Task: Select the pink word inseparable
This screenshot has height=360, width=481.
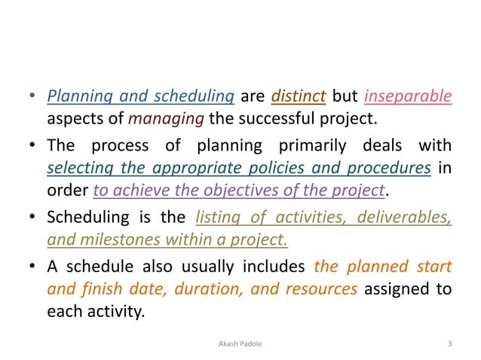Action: click(408, 96)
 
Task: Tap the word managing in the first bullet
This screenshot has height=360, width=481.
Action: click(155, 118)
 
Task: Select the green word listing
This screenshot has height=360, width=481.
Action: click(219, 218)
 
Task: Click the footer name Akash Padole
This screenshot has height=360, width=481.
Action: click(240, 345)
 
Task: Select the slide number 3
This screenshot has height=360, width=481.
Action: click(450, 345)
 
